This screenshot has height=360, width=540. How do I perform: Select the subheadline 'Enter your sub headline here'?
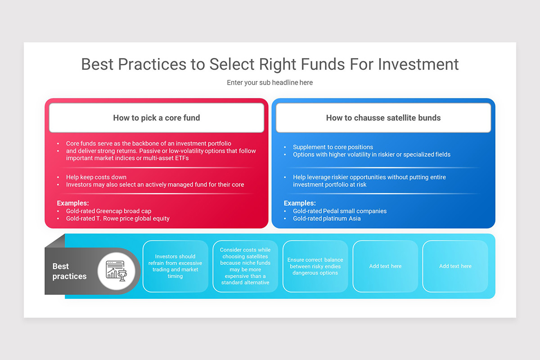[x=270, y=83]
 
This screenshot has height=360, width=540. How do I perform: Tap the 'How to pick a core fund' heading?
[x=157, y=118]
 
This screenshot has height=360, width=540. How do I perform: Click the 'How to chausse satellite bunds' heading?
[x=383, y=118]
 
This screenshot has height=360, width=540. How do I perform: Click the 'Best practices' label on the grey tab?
[x=69, y=271]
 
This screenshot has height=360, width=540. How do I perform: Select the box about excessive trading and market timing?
[x=175, y=266]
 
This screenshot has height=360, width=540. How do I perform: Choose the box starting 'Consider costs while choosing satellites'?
[x=245, y=266]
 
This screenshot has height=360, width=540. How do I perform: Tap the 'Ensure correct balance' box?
[x=315, y=266]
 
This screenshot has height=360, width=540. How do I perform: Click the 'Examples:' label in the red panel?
[x=73, y=203]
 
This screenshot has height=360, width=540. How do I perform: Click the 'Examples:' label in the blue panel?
[x=300, y=203]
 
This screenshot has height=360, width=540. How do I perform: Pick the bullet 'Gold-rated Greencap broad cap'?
[x=108, y=211]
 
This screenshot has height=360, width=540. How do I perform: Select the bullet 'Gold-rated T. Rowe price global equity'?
[x=118, y=219]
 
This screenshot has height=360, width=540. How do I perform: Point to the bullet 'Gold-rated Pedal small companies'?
[x=340, y=211]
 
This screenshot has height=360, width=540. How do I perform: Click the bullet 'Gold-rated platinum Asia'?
[x=327, y=219]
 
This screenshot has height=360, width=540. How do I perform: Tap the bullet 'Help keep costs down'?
[x=96, y=177]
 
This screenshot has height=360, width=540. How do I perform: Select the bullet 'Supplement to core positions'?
[x=333, y=147]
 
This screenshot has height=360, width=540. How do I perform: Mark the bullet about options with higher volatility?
[x=372, y=155]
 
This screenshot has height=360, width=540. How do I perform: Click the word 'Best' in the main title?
[x=97, y=64]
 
